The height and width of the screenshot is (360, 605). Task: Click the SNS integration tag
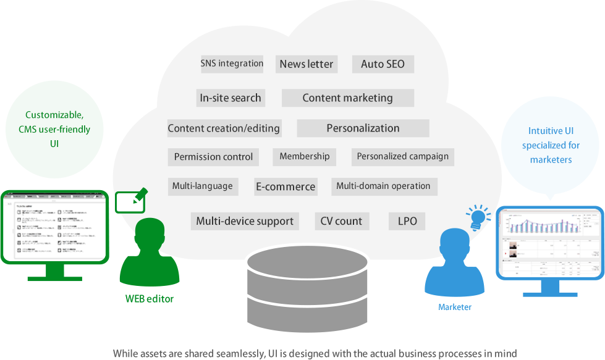click(x=232, y=64)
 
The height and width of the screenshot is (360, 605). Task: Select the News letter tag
click(x=307, y=64)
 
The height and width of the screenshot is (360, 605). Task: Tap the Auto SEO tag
click(x=383, y=64)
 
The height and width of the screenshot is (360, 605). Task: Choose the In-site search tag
click(x=231, y=98)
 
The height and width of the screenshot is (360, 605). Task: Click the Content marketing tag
click(x=347, y=98)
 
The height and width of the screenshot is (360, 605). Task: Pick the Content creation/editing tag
click(x=224, y=128)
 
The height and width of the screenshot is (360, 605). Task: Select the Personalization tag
click(x=363, y=128)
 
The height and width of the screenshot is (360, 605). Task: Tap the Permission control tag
click(x=213, y=157)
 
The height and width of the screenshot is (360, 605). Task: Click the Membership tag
click(x=305, y=156)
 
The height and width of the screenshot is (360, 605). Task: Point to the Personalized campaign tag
click(x=403, y=156)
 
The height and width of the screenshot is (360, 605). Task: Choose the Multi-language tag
click(x=203, y=186)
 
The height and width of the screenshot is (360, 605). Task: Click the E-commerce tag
click(x=286, y=186)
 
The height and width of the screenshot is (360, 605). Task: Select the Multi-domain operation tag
click(x=383, y=186)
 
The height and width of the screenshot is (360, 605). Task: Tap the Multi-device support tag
click(x=245, y=221)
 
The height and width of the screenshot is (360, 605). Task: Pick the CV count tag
click(x=341, y=221)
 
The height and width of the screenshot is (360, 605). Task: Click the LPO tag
click(x=407, y=221)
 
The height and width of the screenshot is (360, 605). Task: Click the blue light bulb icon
click(x=477, y=217)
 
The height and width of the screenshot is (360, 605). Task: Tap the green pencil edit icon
click(x=132, y=200)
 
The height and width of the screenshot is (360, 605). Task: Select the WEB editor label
click(x=150, y=299)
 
